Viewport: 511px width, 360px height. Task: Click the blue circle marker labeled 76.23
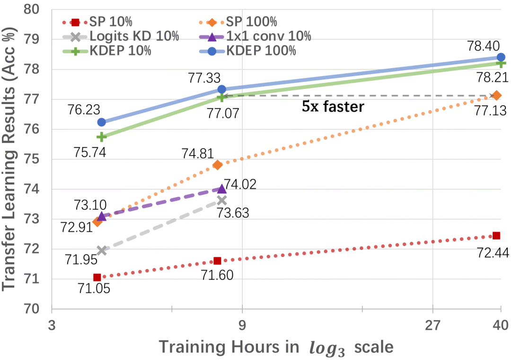click(x=102, y=122)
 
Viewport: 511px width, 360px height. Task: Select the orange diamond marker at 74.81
click(x=218, y=165)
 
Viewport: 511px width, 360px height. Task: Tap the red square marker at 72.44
click(x=496, y=236)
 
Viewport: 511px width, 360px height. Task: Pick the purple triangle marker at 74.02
click(x=221, y=189)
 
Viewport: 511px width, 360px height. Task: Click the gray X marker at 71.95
click(x=102, y=250)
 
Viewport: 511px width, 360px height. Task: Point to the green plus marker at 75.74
click(x=102, y=137)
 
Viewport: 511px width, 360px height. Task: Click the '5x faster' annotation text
click(x=333, y=107)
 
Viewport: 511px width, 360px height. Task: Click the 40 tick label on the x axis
click(x=500, y=325)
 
